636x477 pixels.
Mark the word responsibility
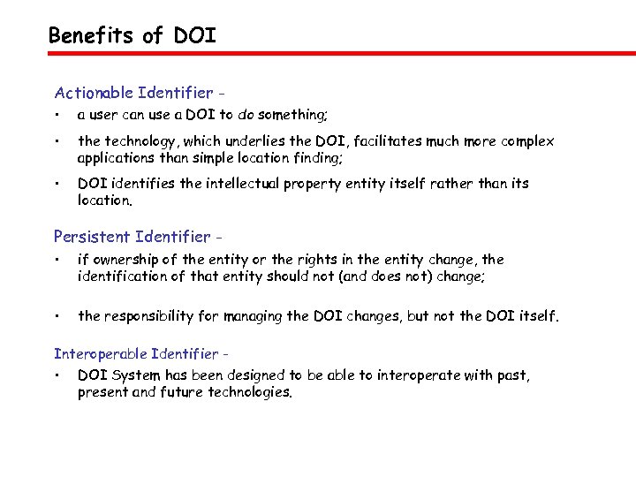click(148, 315)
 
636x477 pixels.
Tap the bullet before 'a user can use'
click(56, 115)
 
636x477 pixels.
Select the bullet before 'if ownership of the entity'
click(56, 261)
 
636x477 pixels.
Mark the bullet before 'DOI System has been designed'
click(56, 376)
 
